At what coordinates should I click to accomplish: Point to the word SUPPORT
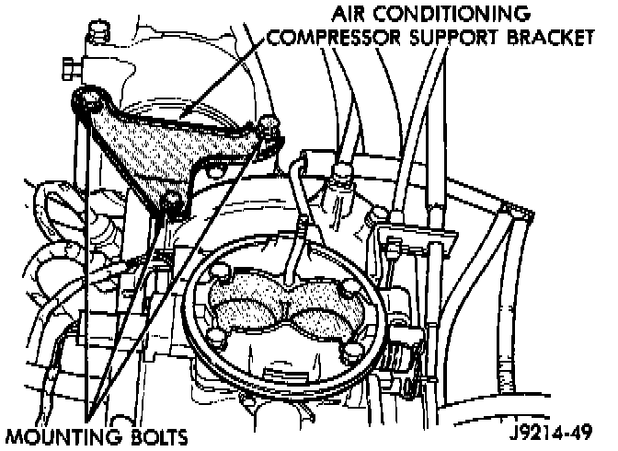(448, 40)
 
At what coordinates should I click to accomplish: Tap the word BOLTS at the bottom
(160, 435)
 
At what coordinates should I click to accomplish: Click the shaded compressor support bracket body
(166, 147)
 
